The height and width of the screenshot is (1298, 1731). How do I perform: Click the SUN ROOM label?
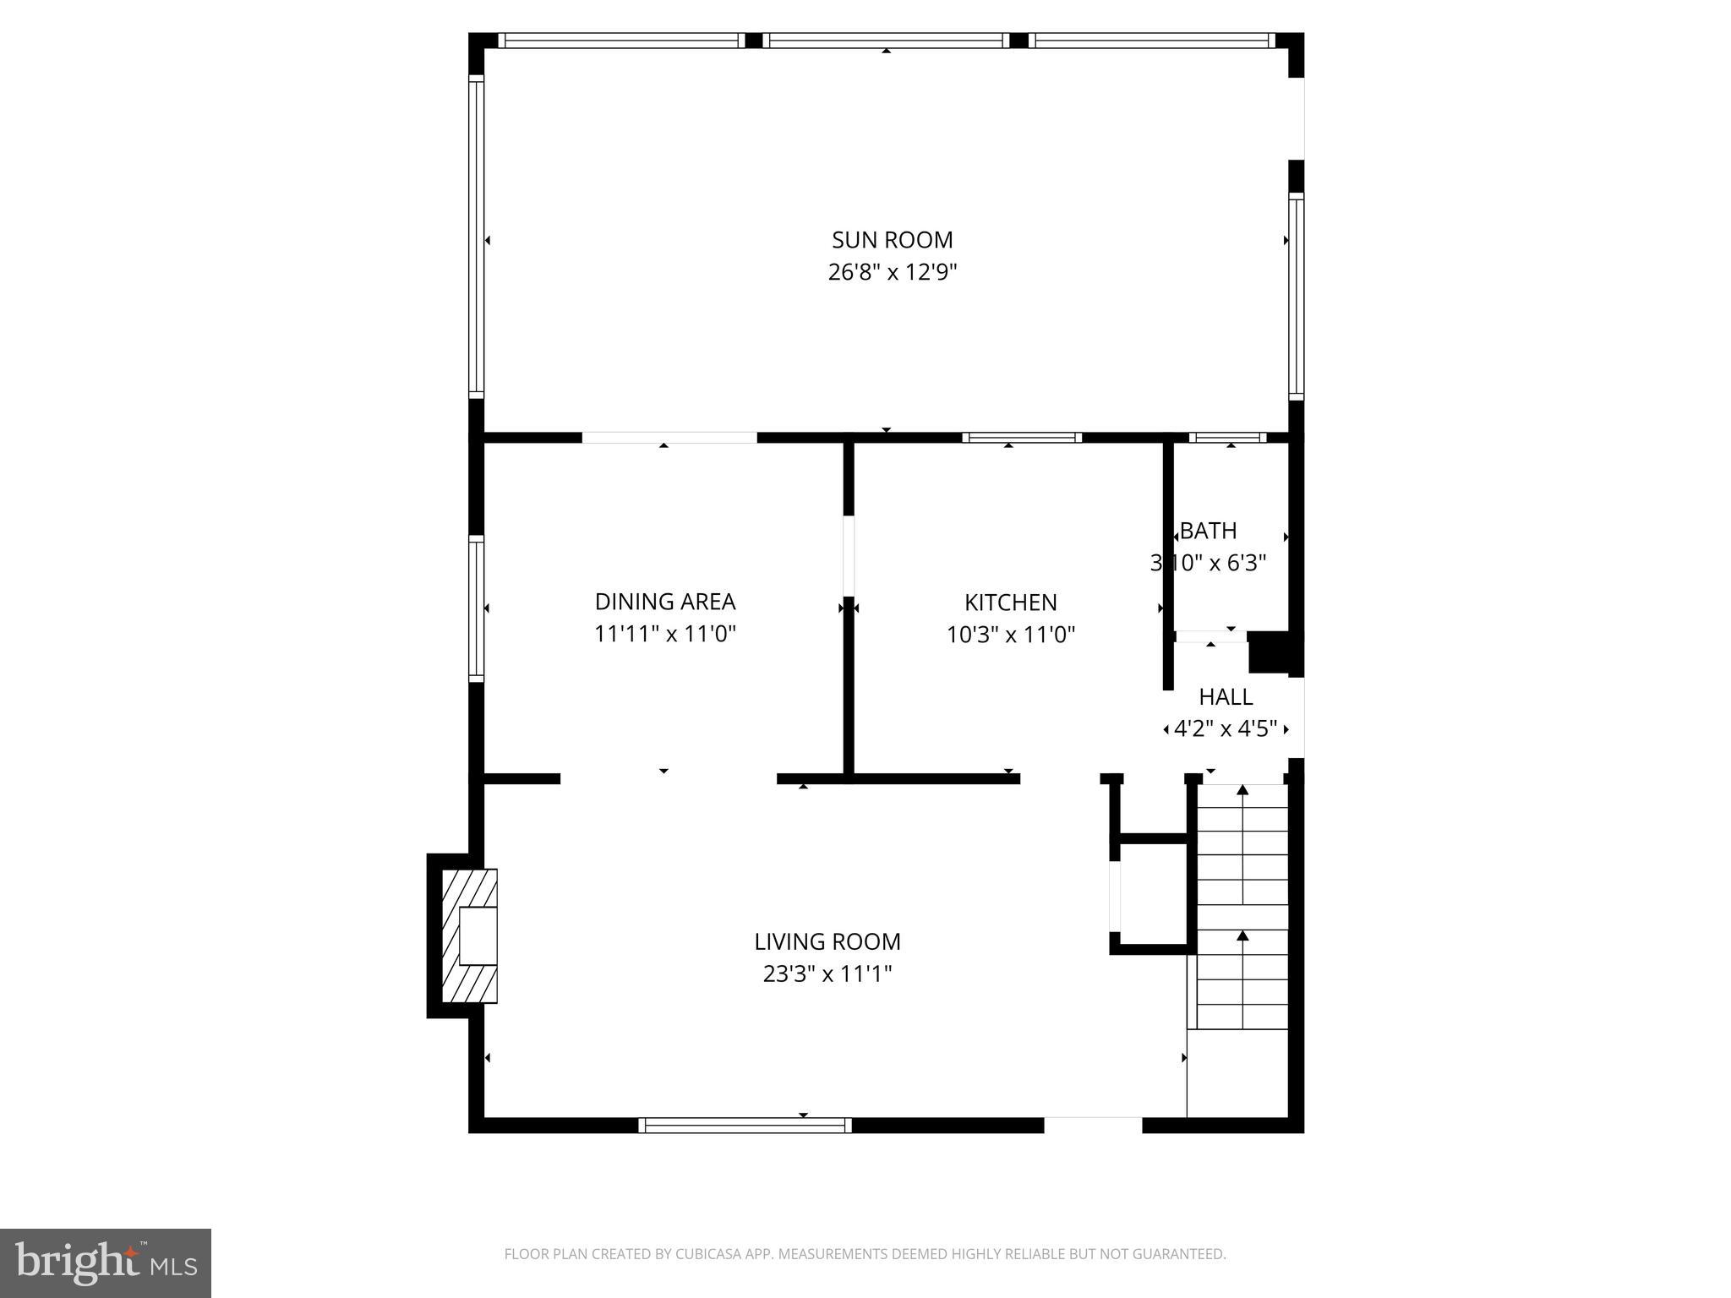[892, 240]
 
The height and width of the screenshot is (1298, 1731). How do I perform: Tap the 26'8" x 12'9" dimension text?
[892, 272]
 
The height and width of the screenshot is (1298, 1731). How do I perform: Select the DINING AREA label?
[665, 602]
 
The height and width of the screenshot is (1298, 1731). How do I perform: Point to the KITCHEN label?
[1011, 603]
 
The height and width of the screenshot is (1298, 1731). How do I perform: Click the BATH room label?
[1209, 531]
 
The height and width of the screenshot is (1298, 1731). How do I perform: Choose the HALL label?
[1226, 697]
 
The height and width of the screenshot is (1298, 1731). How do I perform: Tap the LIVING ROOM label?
[827, 941]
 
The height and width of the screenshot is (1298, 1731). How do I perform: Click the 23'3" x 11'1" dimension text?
[827, 974]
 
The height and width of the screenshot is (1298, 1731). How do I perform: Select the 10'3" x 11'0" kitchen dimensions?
[1011, 635]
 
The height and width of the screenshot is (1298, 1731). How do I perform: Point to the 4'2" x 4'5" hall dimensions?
[1226, 728]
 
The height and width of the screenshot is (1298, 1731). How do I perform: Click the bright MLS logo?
[106, 1263]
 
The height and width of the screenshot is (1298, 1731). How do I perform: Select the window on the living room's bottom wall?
[745, 1125]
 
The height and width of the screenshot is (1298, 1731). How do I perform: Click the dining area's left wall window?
[477, 608]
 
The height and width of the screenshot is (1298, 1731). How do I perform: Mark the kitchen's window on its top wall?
[1022, 438]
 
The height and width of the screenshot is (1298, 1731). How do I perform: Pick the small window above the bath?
[1227, 438]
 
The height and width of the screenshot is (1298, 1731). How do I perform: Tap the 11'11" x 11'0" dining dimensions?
[665, 634]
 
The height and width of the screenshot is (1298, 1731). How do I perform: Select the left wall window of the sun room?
[477, 237]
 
